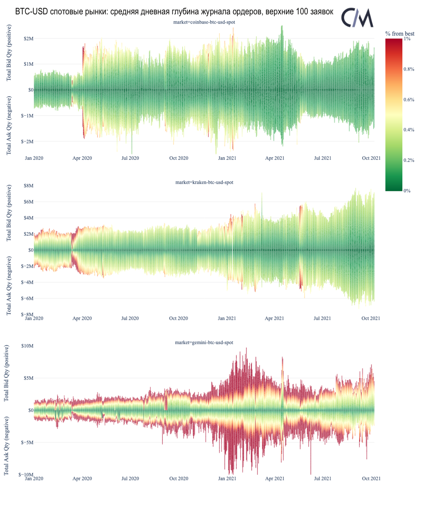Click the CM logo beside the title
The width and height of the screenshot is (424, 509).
pyautogui.click(x=357, y=17)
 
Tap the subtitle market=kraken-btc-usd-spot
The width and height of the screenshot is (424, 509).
pyautogui.click(x=204, y=182)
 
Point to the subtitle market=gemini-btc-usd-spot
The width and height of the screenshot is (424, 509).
pyautogui.click(x=204, y=342)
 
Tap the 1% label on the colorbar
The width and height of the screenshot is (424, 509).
pyautogui.click(x=407, y=39)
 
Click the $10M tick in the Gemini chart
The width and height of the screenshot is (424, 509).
pyautogui.click(x=26, y=346)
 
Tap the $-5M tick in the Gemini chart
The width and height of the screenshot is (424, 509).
pyautogui.click(x=26, y=442)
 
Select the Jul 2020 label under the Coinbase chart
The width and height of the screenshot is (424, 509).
pyautogui.click(x=130, y=158)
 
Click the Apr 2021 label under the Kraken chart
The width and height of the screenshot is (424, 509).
pyautogui.click(x=275, y=318)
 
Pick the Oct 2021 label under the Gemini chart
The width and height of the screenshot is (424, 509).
pyautogui.click(x=371, y=479)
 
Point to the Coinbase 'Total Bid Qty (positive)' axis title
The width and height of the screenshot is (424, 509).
pyautogui.click(x=9, y=53)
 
